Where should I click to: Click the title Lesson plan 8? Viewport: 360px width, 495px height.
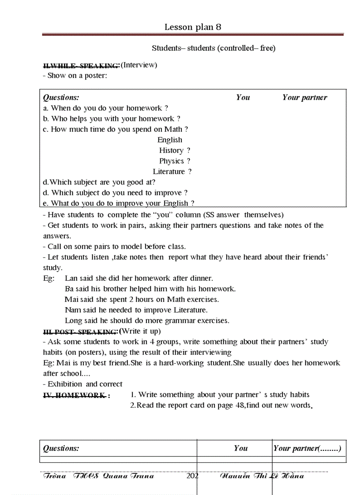point(193,27)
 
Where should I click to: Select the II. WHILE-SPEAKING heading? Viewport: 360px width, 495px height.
point(81,66)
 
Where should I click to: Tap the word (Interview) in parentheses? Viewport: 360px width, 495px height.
point(139,65)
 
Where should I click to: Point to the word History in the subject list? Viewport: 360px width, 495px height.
point(171,150)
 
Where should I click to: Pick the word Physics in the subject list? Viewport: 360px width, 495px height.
point(171,161)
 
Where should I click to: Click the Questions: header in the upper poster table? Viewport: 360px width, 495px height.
point(61,97)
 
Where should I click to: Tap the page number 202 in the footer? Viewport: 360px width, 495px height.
point(193,476)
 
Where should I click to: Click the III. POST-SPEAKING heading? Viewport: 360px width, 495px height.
point(80,331)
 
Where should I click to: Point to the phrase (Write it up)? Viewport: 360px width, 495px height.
point(140,331)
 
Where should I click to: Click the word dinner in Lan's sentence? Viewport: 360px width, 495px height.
point(201,278)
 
